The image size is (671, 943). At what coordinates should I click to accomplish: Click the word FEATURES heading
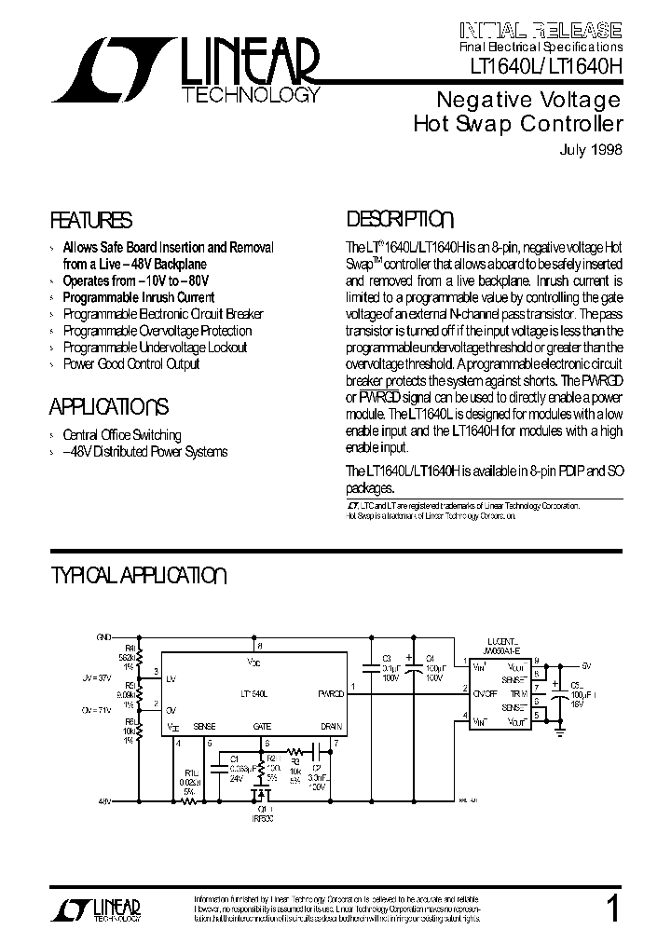click(x=90, y=221)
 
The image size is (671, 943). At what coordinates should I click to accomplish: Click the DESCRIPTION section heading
click(x=400, y=220)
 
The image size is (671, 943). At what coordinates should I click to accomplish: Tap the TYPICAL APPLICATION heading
click(x=138, y=575)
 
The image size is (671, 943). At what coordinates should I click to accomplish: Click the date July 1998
click(x=591, y=149)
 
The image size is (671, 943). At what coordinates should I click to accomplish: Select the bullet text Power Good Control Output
click(x=131, y=363)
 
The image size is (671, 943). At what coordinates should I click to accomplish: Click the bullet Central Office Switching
click(x=121, y=435)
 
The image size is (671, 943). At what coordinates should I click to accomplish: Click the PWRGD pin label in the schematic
click(x=332, y=694)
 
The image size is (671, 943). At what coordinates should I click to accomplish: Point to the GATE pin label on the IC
click(x=262, y=726)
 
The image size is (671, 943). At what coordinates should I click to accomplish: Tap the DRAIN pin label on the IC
click(x=332, y=726)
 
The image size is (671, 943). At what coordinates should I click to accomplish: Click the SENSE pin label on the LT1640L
click(x=204, y=726)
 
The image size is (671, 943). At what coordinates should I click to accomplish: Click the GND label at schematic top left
click(x=103, y=636)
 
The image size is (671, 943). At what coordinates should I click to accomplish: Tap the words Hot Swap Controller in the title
click(x=517, y=124)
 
